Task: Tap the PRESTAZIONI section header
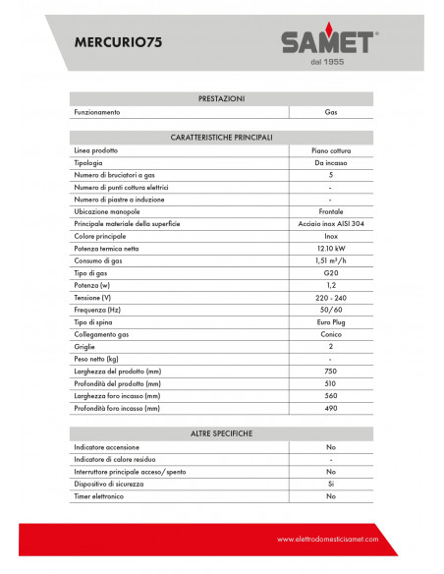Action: tap(221, 99)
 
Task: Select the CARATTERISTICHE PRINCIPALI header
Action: tap(221, 137)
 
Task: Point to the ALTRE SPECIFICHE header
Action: tap(221, 433)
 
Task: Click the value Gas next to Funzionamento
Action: tap(330, 112)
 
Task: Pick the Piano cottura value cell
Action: tap(330, 149)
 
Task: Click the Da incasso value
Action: tap(330, 162)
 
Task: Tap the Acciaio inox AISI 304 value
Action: tap(330, 224)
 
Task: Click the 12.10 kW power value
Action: tap(330, 249)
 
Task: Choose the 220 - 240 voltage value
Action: tap(330, 297)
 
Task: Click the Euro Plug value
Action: tap(330, 321)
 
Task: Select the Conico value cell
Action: tap(330, 334)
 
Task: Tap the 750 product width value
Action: tap(330, 371)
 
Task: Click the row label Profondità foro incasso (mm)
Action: tap(117, 407)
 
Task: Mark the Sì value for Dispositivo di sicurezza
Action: tap(330, 484)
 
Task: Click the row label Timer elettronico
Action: tap(103, 496)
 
